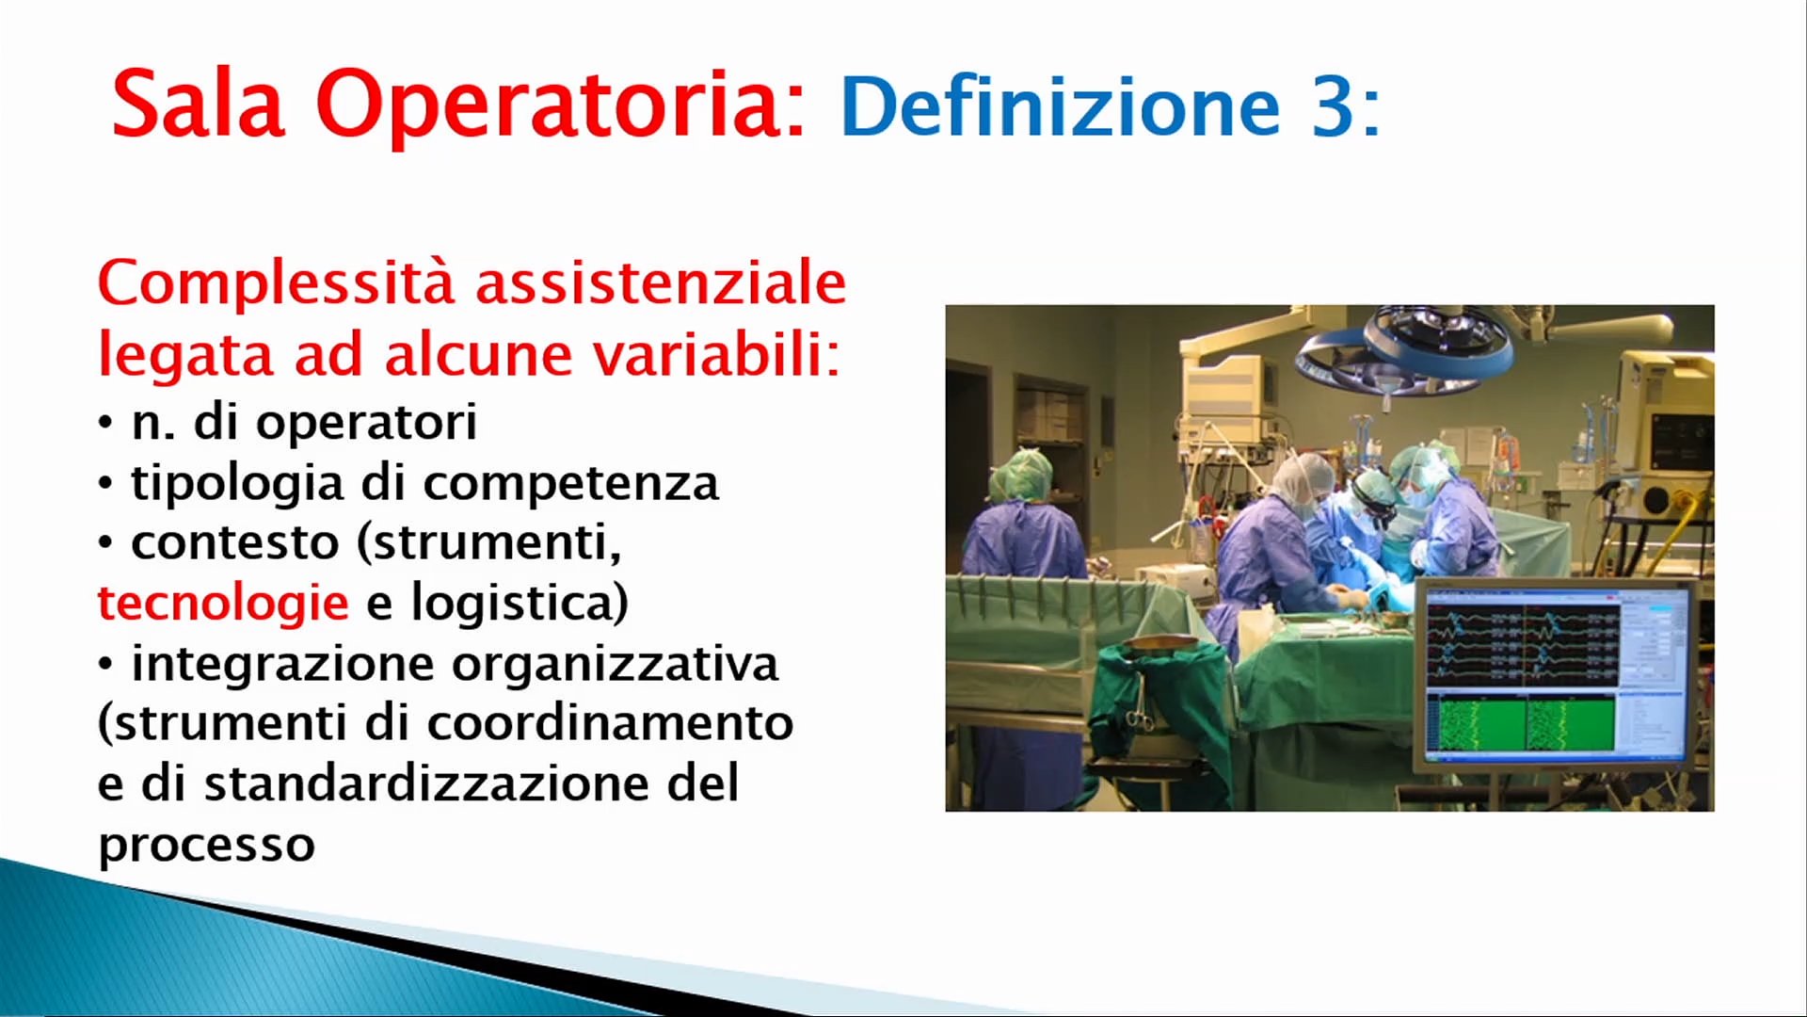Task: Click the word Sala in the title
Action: pos(199,103)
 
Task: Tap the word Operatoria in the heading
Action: pos(561,105)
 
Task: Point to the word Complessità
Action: pos(276,283)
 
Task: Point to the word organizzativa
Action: pos(616,665)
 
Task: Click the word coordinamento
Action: pos(610,723)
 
